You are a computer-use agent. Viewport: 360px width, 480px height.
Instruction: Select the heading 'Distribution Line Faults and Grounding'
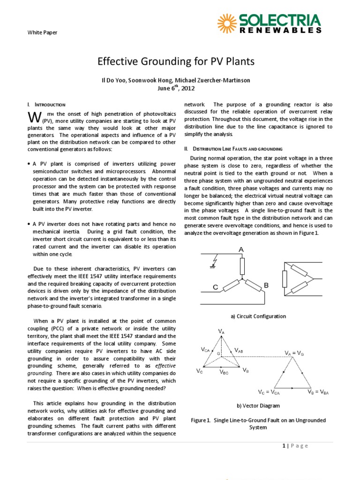pyautogui.click(x=233, y=149)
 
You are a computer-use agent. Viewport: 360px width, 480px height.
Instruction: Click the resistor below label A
pyautogui.click(x=242, y=266)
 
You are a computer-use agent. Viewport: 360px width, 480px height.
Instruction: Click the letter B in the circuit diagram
pyautogui.click(x=266, y=285)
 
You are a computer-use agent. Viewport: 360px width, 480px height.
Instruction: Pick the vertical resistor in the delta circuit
pyautogui.click(x=284, y=279)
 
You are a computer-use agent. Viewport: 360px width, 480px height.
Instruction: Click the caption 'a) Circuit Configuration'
pyautogui.click(x=258, y=316)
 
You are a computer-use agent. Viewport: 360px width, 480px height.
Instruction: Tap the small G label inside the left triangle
pyautogui.click(x=218, y=353)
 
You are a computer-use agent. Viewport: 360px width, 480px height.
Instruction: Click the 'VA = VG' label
pyautogui.click(x=294, y=352)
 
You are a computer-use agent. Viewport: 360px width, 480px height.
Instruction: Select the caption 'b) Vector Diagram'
pyautogui.click(x=258, y=405)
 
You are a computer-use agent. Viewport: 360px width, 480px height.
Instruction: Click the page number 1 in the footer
pyautogui.click(x=284, y=446)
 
